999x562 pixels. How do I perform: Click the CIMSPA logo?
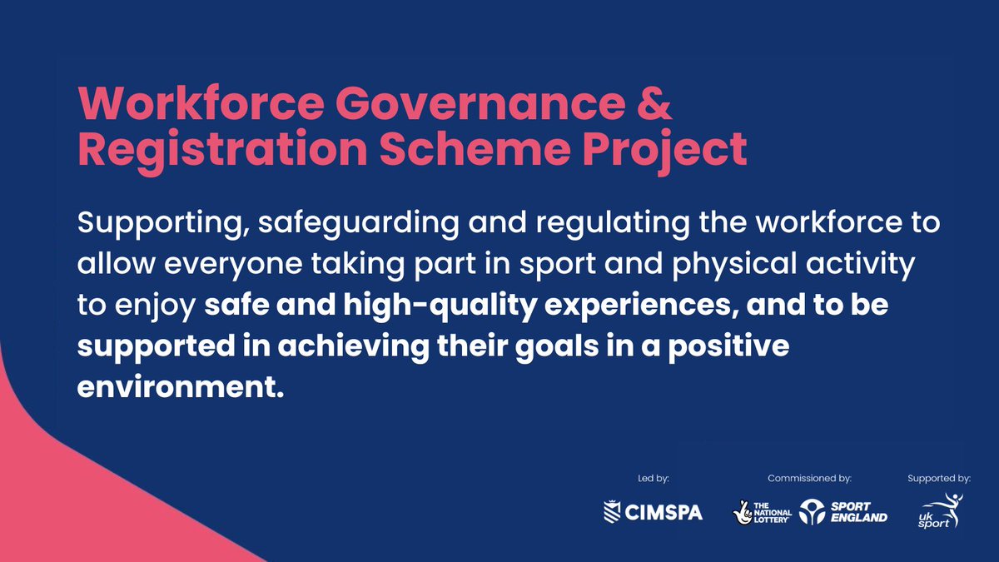653,512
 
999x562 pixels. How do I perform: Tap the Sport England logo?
843,512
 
